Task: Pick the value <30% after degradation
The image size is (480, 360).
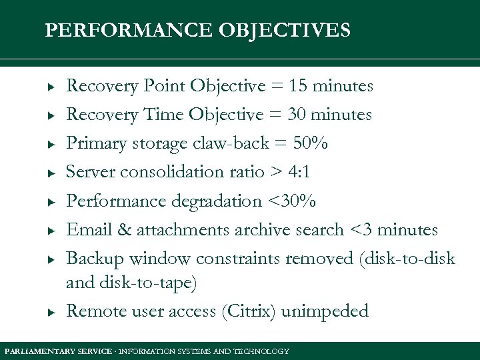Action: pos(292,201)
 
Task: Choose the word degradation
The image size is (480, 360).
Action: pos(217,201)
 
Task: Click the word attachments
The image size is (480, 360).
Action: pos(183,230)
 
